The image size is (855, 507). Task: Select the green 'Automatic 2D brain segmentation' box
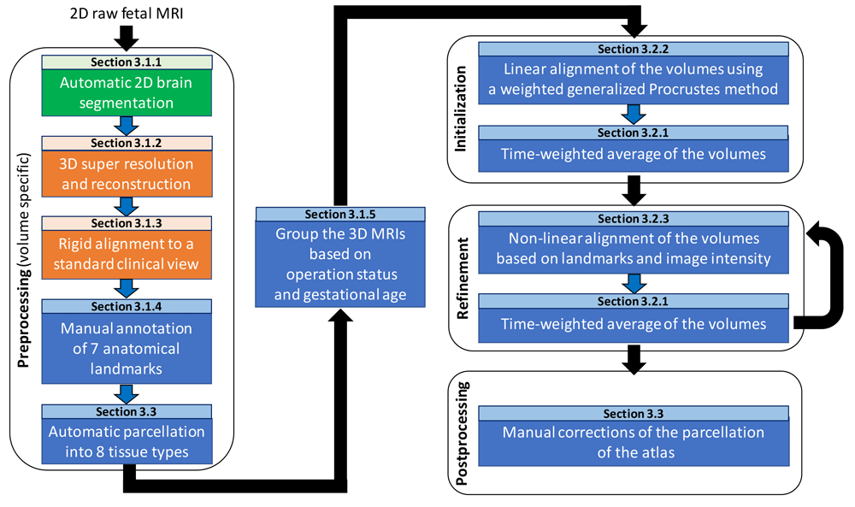[126, 94]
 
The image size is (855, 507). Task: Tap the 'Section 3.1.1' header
[126, 62]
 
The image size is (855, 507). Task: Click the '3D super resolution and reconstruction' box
[126, 174]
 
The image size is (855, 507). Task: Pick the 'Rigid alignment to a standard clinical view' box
[126, 254]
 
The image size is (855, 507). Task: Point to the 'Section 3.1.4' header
[126, 306]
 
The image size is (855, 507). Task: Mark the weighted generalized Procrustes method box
[633, 80]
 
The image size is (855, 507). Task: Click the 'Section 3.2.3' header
[633, 219]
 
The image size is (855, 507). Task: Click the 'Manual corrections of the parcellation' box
[633, 442]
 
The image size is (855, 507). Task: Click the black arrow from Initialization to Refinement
[634, 191]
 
